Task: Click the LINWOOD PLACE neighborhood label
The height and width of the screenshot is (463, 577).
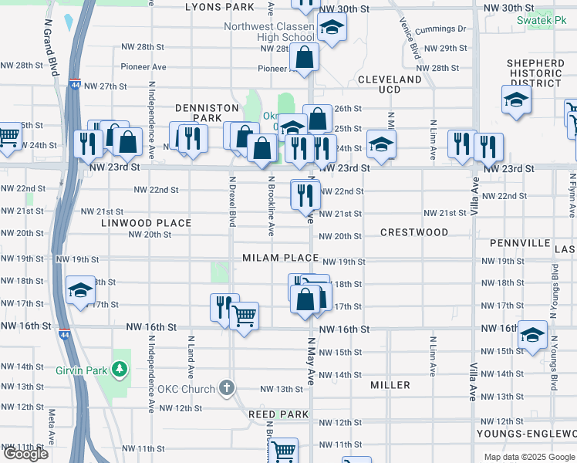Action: (146, 223)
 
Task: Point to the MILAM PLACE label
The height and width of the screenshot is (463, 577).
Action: (280, 258)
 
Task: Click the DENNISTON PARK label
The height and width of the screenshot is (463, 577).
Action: (198, 113)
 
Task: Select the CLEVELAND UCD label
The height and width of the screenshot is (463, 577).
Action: (390, 84)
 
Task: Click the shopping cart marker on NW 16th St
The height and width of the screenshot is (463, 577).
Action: (244, 316)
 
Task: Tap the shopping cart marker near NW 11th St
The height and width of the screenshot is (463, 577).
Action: (284, 451)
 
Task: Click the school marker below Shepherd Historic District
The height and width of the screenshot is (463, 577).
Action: (516, 100)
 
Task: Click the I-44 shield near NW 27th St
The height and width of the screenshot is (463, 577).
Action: (75, 85)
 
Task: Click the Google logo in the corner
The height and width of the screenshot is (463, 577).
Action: (25, 455)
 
